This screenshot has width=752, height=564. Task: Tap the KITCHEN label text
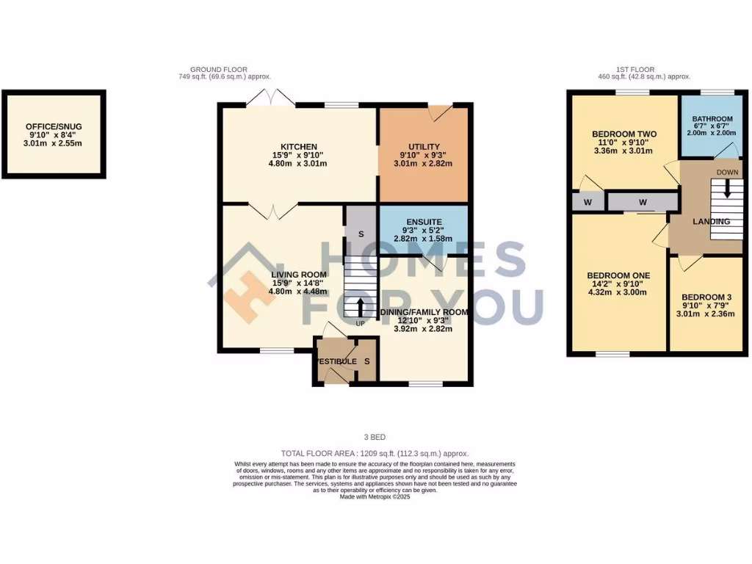(x=298, y=146)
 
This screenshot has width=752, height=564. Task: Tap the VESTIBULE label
(x=336, y=361)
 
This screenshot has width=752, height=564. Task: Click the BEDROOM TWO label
(x=623, y=134)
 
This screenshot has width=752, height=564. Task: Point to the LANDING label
(x=711, y=221)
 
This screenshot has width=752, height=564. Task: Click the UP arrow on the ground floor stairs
(x=360, y=306)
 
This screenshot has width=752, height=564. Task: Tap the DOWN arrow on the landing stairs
(x=728, y=189)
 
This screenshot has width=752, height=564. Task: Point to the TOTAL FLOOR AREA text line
(x=375, y=454)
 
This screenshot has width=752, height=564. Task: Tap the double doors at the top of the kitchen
(x=271, y=98)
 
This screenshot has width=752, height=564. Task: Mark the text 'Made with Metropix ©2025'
(x=375, y=497)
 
